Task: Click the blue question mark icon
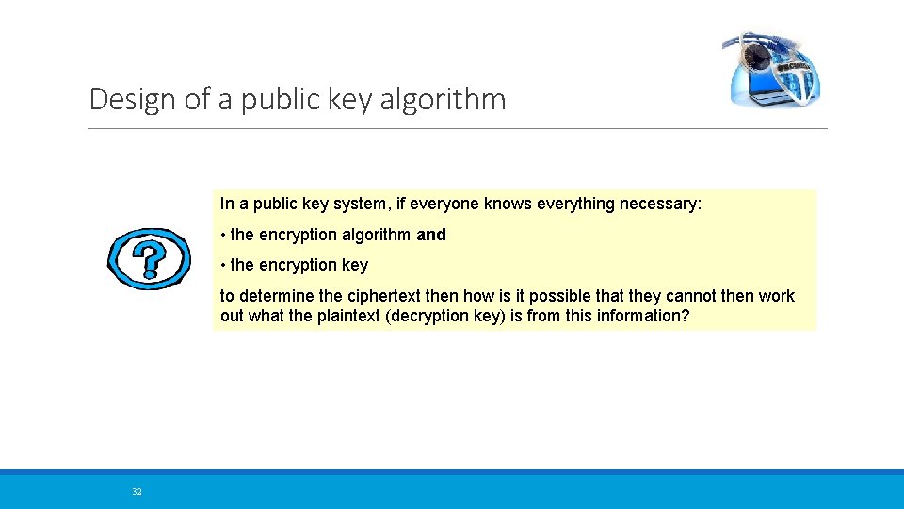149,258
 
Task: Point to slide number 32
137,492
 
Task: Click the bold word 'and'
431,235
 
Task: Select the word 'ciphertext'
383,296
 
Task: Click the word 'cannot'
692,296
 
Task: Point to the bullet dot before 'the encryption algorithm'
223,235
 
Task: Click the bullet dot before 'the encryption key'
223,266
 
